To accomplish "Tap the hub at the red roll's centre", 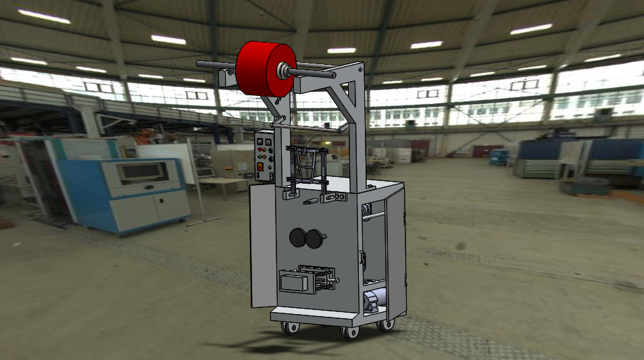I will [282, 69].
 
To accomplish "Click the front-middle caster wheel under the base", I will [349, 332].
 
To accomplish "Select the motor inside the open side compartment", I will [374, 300].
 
